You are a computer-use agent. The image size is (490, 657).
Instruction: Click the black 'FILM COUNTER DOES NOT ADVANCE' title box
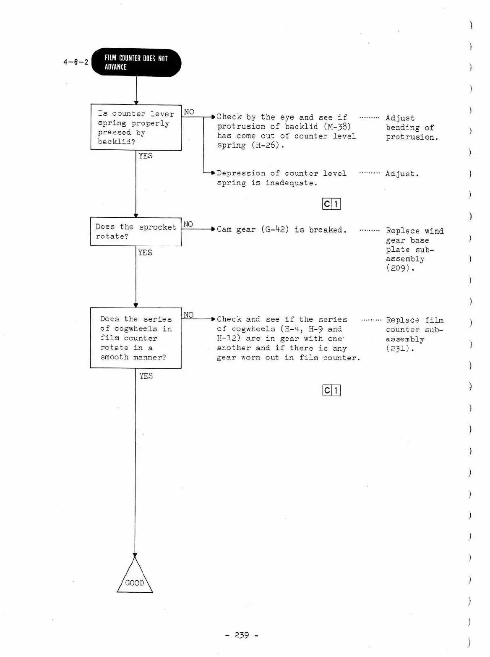click(x=136, y=63)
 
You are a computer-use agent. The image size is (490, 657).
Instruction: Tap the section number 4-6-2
click(x=76, y=62)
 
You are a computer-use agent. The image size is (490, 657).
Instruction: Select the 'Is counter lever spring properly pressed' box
click(x=136, y=127)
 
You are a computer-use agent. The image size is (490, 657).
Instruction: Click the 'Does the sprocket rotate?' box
click(x=136, y=231)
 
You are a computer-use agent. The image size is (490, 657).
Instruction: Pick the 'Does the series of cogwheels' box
click(x=136, y=338)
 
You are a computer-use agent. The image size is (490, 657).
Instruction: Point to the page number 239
click(x=242, y=635)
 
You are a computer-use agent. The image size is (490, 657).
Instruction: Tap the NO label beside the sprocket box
click(x=188, y=224)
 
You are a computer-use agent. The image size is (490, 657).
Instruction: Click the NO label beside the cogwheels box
click(x=188, y=315)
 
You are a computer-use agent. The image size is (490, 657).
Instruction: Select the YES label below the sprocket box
click(x=145, y=252)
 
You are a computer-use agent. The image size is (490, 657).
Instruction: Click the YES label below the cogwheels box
click(x=146, y=376)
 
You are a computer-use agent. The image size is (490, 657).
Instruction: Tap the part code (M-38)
click(x=337, y=126)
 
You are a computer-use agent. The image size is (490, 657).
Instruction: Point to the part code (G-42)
click(x=275, y=229)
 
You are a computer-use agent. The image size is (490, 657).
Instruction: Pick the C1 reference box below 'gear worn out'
click(x=331, y=391)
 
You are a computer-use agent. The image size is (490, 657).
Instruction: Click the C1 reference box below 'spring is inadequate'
click(x=331, y=204)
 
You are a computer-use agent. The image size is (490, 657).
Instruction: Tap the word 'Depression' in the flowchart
click(x=241, y=173)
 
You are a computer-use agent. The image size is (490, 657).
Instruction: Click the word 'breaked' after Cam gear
click(x=326, y=229)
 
